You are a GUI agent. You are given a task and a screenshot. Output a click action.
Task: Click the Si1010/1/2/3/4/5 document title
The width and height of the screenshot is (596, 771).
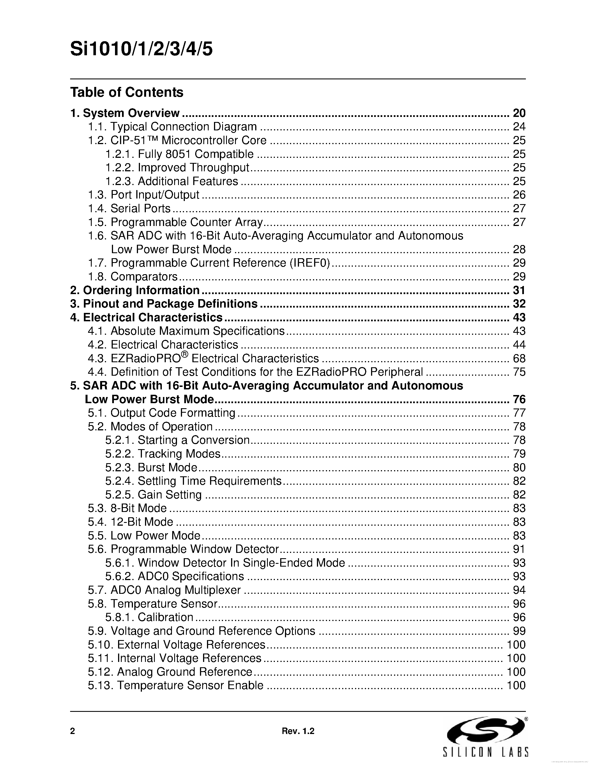141,49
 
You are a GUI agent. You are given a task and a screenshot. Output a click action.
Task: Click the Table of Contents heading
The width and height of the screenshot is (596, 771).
127,92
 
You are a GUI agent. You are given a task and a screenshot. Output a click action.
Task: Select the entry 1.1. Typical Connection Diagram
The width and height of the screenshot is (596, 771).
172,126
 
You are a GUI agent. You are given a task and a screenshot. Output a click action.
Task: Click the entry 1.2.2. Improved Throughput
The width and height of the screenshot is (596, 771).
177,167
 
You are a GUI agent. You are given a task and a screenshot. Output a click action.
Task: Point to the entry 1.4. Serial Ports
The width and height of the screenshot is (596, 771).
129,208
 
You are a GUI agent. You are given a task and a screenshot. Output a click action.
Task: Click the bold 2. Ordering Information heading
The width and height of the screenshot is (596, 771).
135,290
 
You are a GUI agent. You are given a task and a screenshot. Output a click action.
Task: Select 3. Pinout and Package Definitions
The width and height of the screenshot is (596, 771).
164,304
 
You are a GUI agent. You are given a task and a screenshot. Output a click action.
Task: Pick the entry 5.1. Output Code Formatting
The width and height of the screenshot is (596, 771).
162,413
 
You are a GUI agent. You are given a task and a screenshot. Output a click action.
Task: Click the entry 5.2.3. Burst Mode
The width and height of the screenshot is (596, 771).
151,467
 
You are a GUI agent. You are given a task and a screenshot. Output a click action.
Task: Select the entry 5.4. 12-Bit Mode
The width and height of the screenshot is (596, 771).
131,522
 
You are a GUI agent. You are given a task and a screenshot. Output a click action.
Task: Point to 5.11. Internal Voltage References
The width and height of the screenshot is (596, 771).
175,658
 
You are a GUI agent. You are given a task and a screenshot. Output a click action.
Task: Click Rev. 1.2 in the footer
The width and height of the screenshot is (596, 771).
298,731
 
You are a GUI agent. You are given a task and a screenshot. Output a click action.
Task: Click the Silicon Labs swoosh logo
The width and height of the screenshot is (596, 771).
485,730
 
